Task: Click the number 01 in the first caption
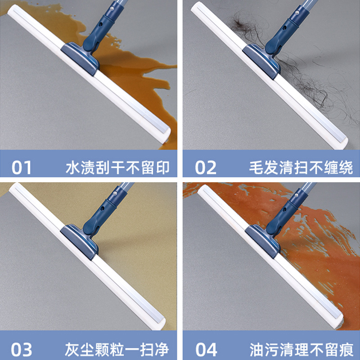point(21,167)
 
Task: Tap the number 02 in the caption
point(206,167)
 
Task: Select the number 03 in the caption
point(21,349)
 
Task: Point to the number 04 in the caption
point(206,349)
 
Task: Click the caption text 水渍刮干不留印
point(117,167)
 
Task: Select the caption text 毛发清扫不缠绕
point(301,167)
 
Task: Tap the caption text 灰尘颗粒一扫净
point(117,349)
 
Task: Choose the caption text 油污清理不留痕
point(301,349)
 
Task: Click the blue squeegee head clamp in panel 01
point(80,58)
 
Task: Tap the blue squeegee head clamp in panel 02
point(261,61)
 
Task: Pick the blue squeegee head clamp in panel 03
point(80,242)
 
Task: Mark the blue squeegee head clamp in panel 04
point(263,241)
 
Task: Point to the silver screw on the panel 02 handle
point(297,13)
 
